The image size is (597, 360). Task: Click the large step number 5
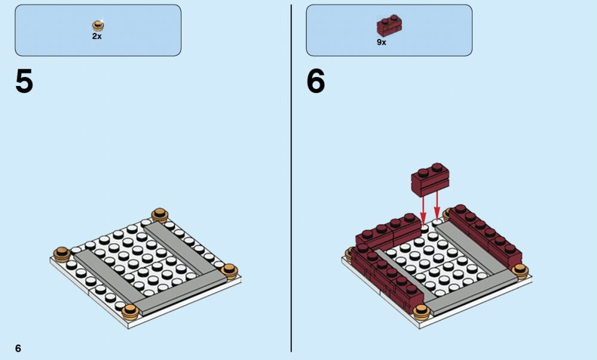[24, 81]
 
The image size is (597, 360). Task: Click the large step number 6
[316, 81]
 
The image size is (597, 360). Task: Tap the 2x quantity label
[97, 36]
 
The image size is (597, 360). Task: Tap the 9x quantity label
[381, 42]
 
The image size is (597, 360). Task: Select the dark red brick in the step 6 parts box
[389, 26]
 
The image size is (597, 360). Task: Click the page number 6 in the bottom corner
[18, 348]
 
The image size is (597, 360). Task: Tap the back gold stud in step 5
[160, 216]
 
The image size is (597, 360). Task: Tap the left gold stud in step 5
[62, 254]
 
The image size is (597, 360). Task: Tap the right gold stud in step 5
[230, 271]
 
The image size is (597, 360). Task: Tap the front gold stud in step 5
[131, 312]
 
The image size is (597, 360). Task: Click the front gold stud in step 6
[421, 312]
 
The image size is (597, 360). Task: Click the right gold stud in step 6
[520, 271]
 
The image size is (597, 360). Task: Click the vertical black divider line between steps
[291, 178]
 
